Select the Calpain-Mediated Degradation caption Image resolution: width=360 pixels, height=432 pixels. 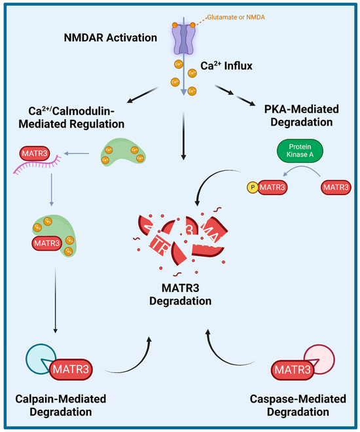coord(60,405)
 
